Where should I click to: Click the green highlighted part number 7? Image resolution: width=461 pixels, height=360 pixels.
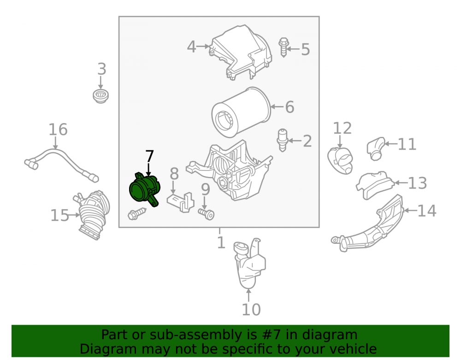[144, 189]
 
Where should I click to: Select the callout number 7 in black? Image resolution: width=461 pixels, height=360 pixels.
[149, 156]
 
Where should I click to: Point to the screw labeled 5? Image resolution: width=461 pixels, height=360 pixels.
[284, 47]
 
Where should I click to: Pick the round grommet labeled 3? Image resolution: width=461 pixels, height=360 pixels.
[100, 96]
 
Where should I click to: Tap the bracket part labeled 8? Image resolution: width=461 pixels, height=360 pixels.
[181, 202]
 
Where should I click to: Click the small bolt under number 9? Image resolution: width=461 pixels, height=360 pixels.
[206, 214]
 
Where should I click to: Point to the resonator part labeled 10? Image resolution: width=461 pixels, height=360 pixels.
[249, 263]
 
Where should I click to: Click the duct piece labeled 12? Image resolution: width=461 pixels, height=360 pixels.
[341, 160]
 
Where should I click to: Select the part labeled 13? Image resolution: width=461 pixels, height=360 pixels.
[374, 185]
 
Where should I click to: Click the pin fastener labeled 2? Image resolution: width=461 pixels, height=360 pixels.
[283, 140]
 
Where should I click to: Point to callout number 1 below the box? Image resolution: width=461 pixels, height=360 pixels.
[221, 242]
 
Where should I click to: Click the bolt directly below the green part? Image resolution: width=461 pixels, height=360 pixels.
[137, 213]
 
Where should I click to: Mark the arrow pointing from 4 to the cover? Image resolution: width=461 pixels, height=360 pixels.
[203, 46]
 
